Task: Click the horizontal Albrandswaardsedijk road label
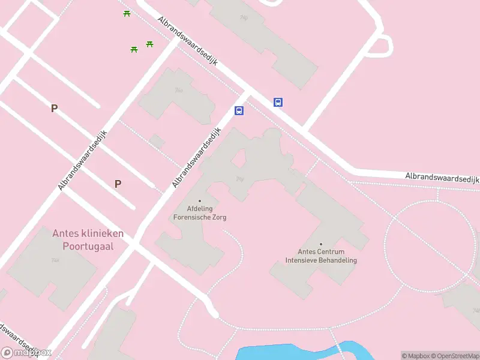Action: click(x=442, y=178)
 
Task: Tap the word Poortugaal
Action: click(x=88, y=246)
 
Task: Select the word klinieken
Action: click(x=103, y=233)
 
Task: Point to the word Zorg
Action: click(x=219, y=217)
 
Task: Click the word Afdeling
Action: click(x=200, y=209)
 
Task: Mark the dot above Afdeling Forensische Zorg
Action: click(x=200, y=201)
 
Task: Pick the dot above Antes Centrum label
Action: click(x=321, y=244)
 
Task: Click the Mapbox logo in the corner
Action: click(x=26, y=353)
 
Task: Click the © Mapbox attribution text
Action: click(x=415, y=356)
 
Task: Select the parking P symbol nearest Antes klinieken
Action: click(x=118, y=184)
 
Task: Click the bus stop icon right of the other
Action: click(x=278, y=102)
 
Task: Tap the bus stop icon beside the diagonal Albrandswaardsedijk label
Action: click(x=239, y=110)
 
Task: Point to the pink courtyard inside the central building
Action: click(x=238, y=158)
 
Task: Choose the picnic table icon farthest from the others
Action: click(x=127, y=13)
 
